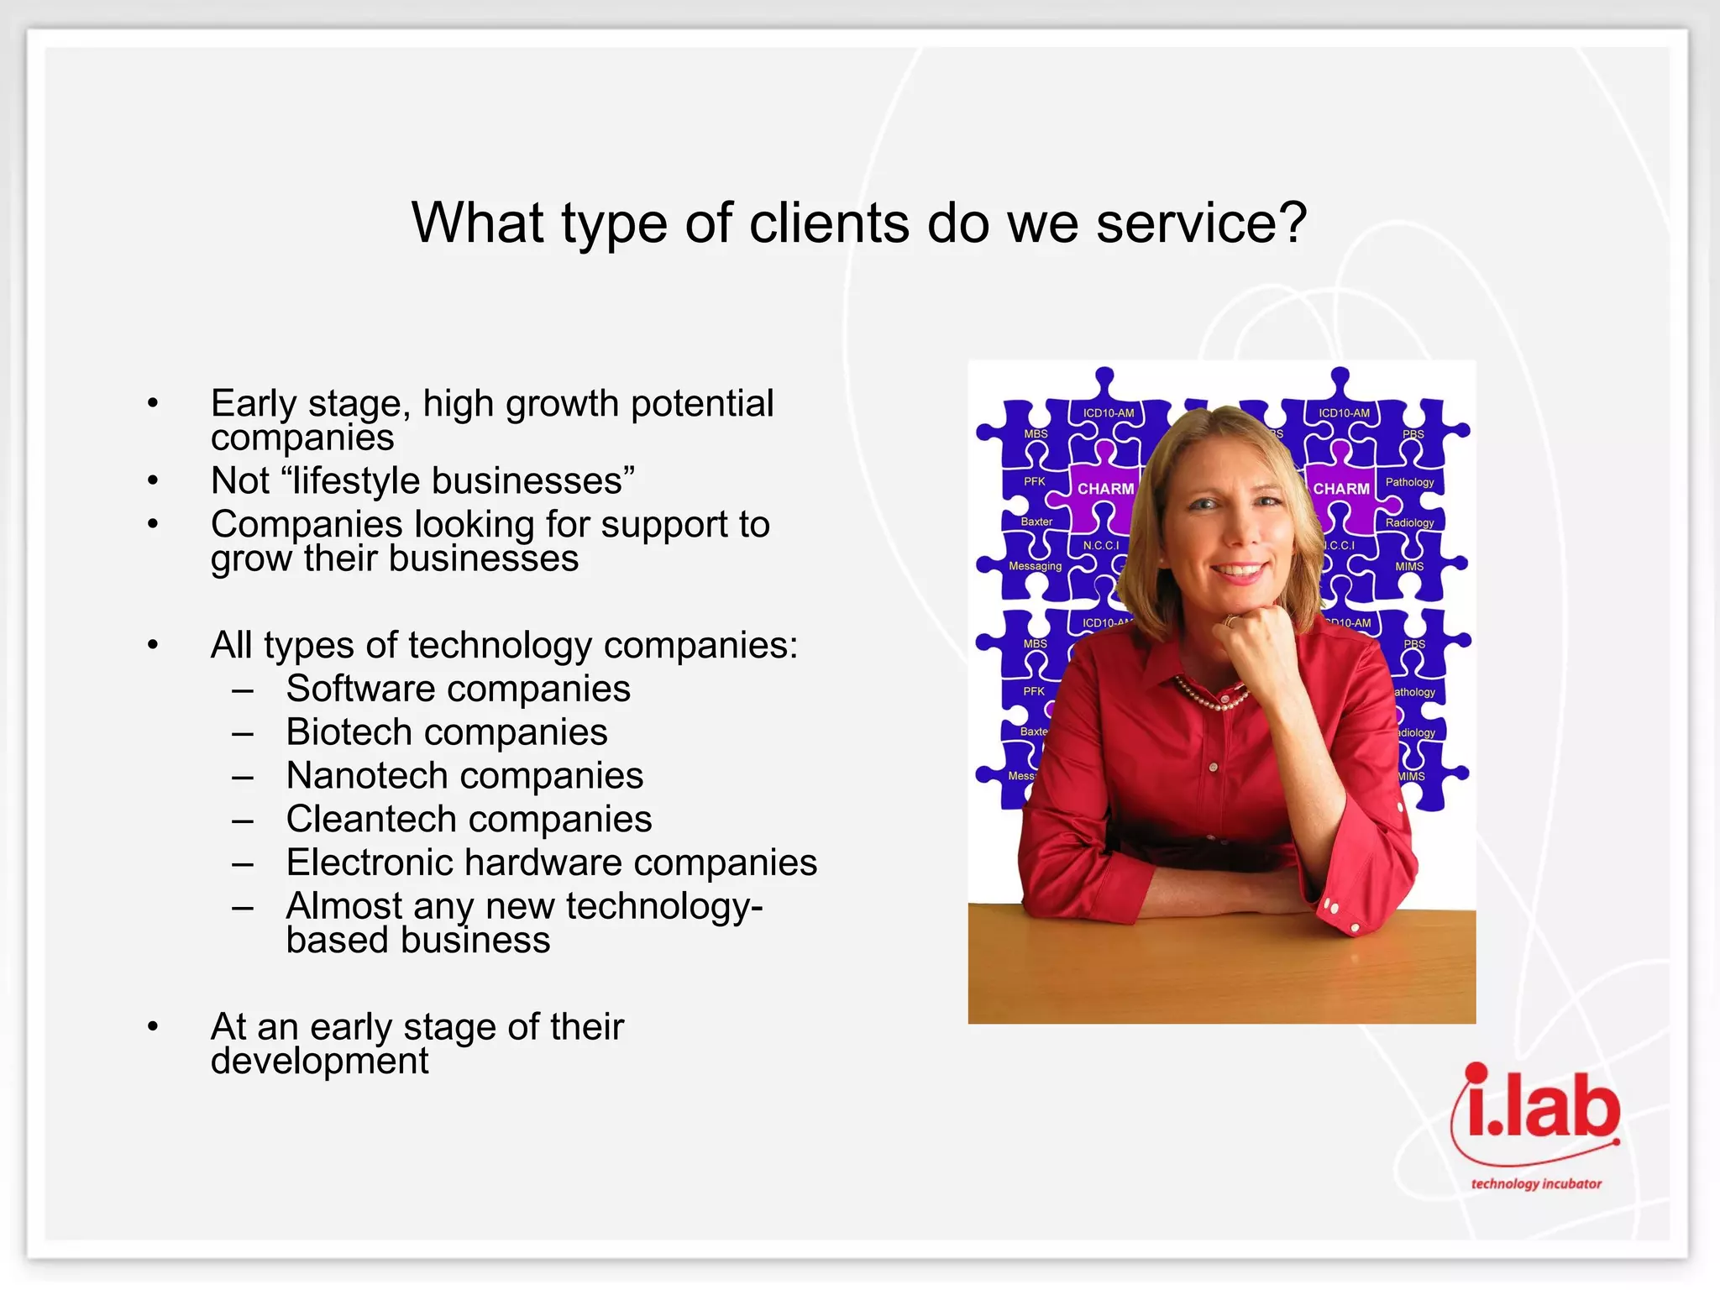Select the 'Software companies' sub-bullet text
(x=458, y=689)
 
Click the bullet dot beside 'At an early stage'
(x=153, y=1026)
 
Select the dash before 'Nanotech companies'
(x=243, y=778)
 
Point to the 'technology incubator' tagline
(x=1535, y=1183)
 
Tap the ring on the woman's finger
(x=1229, y=621)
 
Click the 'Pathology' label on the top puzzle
(x=1409, y=482)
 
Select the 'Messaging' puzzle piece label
(x=1035, y=566)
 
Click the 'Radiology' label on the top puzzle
(x=1409, y=522)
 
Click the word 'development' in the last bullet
(x=319, y=1062)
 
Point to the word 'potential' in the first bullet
(x=702, y=404)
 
